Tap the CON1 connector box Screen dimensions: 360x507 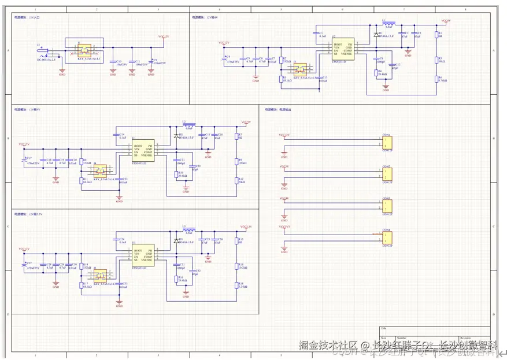pos(386,142)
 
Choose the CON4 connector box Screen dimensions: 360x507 pos(386,237)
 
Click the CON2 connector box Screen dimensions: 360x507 pos(386,174)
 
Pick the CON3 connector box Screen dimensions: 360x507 pos(386,206)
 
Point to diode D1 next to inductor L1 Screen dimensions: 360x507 pos(376,35)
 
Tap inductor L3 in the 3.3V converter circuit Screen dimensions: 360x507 pos(188,229)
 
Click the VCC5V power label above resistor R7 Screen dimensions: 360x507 pos(245,123)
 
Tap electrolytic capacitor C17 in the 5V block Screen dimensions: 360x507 pos(24,159)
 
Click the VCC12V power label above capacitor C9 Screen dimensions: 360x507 pos(164,36)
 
